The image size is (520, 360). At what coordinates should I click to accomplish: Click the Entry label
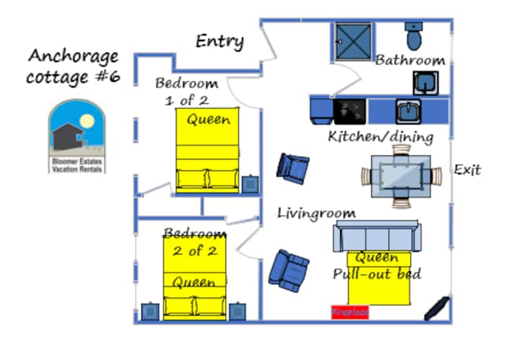point(220,42)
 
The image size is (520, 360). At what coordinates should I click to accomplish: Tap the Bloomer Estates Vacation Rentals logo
point(77,136)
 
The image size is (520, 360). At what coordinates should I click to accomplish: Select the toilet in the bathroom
point(414,35)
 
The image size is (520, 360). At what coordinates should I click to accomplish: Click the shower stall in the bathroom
point(353,42)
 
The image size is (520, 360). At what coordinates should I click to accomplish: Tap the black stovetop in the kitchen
point(350,111)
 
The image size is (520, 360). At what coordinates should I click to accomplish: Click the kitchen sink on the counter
point(407,111)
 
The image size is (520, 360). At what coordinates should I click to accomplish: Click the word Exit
point(467,171)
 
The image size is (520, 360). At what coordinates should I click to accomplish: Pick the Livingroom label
point(317,213)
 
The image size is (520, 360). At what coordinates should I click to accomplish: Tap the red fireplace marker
point(350,312)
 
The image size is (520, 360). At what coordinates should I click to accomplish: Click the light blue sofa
point(376,236)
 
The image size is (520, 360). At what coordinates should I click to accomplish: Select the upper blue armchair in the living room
point(292,168)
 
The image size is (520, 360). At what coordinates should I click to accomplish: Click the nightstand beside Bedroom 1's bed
point(249,184)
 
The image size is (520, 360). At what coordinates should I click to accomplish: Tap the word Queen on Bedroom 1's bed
point(208,119)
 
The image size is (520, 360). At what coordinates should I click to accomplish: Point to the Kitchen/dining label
point(381,136)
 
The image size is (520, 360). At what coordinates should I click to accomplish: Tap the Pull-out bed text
point(377,275)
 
